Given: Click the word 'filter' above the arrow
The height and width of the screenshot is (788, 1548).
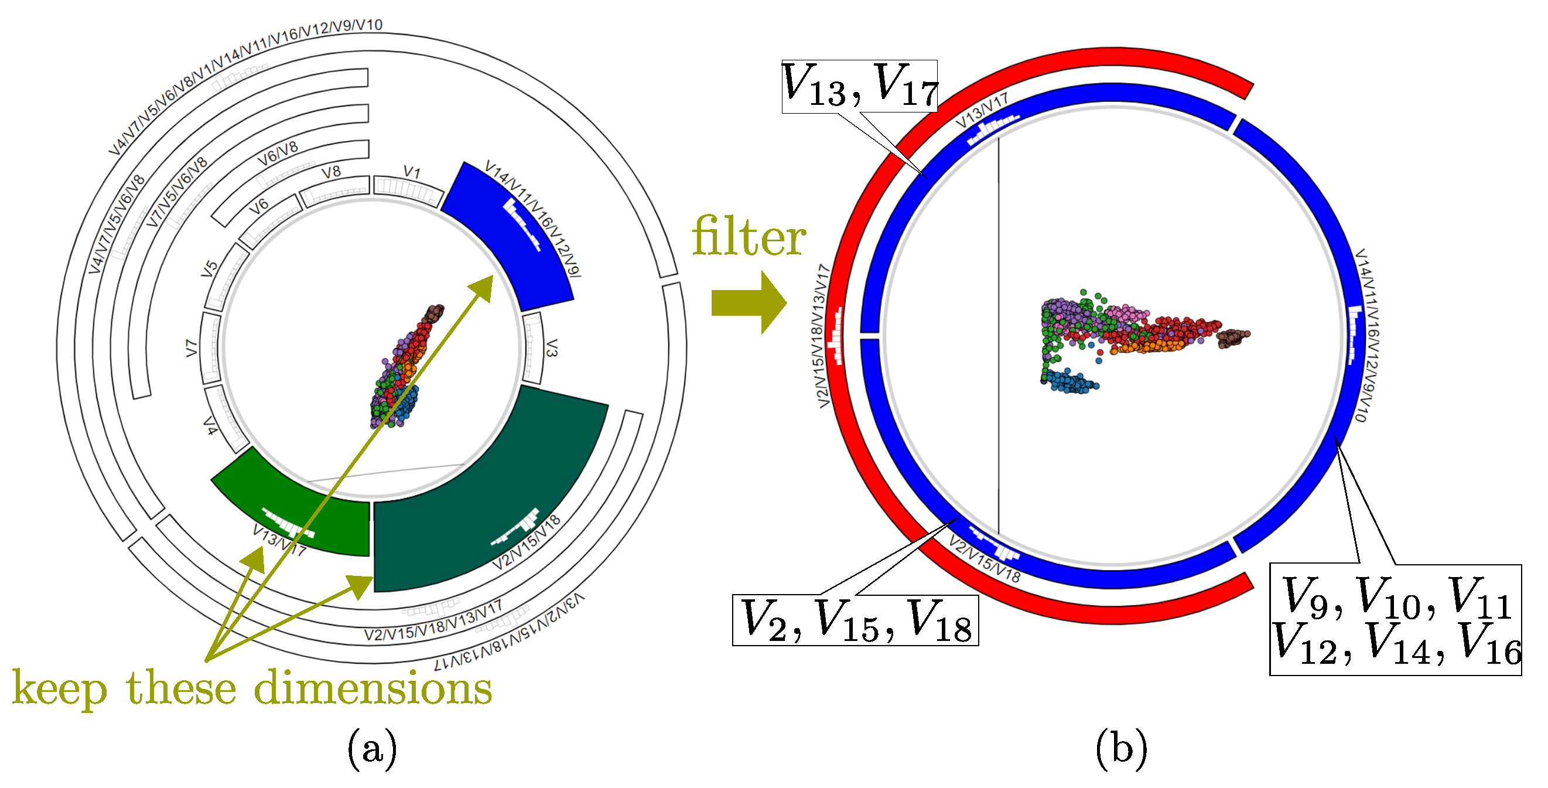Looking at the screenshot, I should point(749,237).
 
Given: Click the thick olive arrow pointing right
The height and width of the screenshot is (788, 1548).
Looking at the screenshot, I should point(749,302).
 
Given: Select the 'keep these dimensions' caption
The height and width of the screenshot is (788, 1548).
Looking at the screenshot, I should point(252,688).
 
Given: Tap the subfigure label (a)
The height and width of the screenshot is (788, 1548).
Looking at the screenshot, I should point(372,749).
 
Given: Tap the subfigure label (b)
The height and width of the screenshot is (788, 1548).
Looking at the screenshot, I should point(1122,749).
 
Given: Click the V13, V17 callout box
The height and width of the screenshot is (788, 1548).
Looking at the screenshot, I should point(859,86).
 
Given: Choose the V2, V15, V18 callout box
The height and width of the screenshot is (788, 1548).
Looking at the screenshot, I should point(855,620).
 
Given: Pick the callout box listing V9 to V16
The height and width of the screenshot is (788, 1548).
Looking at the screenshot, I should point(1395,620).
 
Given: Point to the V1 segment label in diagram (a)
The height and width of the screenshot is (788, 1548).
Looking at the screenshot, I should point(412,172).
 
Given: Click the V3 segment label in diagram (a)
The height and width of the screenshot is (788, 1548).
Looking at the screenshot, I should point(552,347).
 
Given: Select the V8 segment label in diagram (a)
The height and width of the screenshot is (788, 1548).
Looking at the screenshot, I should point(331,172).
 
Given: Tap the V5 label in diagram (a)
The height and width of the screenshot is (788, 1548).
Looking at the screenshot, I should point(209,269).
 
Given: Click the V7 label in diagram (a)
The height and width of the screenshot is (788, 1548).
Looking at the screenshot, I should point(192,348).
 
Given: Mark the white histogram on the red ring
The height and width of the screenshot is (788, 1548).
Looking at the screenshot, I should point(835,337).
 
